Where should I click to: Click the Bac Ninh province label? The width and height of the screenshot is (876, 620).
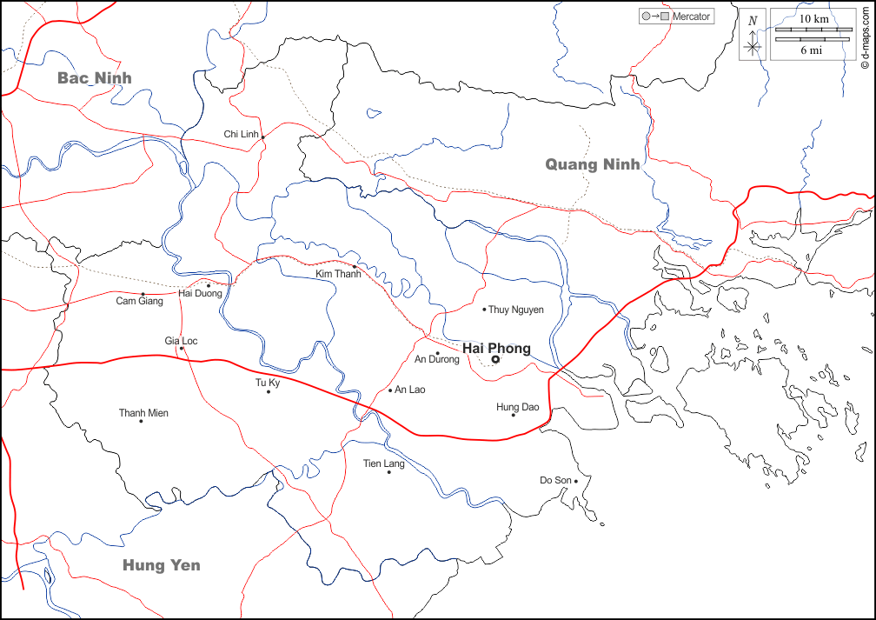[95, 78]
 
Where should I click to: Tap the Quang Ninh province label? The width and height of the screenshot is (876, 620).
[593, 164]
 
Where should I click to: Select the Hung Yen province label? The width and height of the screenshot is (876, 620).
[161, 565]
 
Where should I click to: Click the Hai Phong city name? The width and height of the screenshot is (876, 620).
[496, 348]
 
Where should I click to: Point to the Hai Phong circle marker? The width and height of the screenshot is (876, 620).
[495, 359]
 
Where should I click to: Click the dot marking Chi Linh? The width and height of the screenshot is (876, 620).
[262, 137]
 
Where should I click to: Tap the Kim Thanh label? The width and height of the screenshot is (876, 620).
[337, 274]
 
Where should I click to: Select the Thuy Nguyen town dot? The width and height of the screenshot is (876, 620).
[484, 309]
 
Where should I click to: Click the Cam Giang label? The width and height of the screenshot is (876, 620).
[139, 302]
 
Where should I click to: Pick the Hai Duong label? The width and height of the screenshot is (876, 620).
[200, 294]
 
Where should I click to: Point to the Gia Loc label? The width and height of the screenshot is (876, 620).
[181, 341]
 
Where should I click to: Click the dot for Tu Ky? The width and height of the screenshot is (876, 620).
[269, 391]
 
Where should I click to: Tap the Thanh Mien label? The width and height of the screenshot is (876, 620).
[143, 413]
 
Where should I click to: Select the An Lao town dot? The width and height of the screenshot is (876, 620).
[390, 390]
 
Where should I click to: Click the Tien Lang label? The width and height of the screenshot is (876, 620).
[383, 463]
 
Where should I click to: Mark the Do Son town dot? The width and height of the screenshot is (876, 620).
[576, 480]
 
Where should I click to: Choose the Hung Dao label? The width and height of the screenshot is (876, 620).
[517, 407]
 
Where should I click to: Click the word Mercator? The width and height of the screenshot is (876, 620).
[691, 17]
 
